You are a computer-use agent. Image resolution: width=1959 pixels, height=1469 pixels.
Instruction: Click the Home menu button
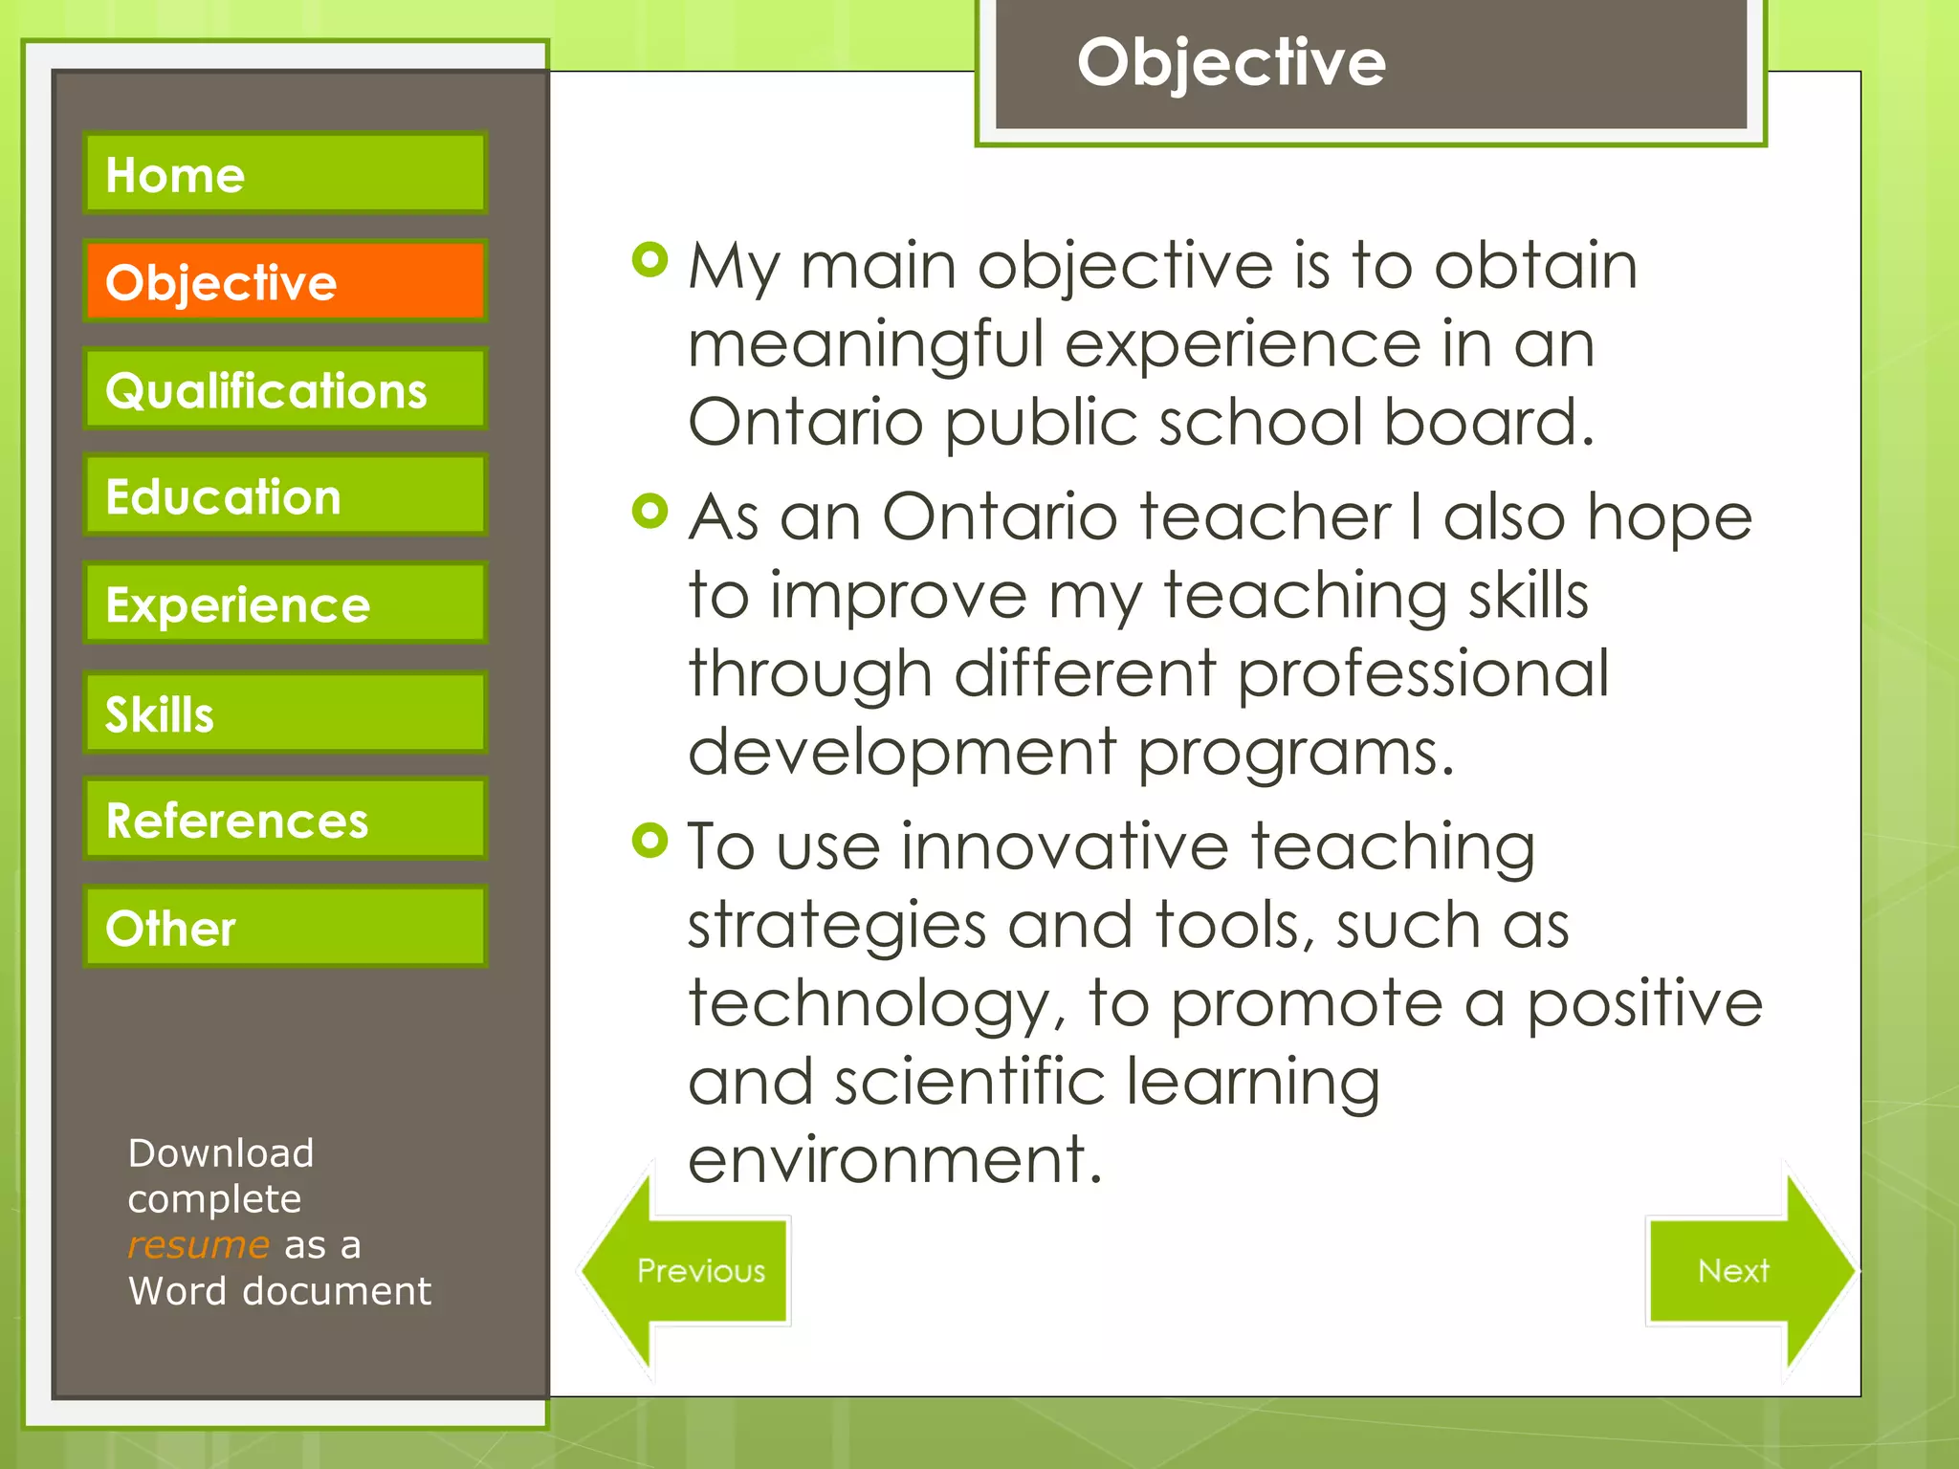click(x=285, y=173)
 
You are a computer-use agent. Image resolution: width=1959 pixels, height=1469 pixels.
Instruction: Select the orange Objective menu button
click(x=285, y=281)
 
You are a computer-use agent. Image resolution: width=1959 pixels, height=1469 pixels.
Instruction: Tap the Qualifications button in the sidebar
click(x=285, y=389)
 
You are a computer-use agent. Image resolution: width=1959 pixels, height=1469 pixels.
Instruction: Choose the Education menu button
click(x=285, y=495)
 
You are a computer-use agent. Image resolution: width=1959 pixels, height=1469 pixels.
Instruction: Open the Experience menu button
click(x=285, y=603)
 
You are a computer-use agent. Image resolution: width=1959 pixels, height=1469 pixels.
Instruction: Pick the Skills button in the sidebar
click(x=285, y=713)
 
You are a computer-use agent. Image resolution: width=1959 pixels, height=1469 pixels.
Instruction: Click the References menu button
click(x=285, y=820)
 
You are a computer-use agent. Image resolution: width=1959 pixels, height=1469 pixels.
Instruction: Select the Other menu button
click(x=285, y=927)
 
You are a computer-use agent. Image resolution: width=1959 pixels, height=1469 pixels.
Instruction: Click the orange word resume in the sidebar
click(x=198, y=1245)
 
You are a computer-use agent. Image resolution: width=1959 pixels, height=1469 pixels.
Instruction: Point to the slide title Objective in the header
click(x=1231, y=63)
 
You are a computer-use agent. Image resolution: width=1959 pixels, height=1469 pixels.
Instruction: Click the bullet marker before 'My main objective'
click(x=649, y=259)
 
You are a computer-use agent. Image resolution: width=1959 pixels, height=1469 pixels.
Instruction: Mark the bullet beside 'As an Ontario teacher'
click(x=649, y=511)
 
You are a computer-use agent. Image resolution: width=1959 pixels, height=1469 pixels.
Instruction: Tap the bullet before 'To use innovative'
click(x=649, y=841)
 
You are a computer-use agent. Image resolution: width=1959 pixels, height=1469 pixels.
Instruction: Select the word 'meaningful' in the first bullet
click(x=865, y=344)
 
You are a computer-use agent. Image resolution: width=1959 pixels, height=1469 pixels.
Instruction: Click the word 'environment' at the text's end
click(x=894, y=1159)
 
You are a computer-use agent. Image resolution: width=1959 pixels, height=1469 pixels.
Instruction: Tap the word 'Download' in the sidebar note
click(x=221, y=1153)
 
